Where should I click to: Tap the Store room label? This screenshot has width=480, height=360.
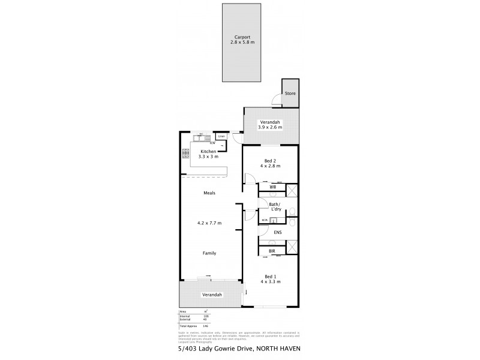pyautogui.click(x=290, y=94)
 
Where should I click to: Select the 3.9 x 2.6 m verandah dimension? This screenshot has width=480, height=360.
pyautogui.click(x=270, y=127)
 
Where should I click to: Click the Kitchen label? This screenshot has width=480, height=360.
pyautogui.click(x=208, y=151)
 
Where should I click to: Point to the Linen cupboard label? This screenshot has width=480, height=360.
pyautogui.click(x=221, y=137)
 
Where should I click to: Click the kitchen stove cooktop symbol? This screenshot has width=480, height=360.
pyautogui.click(x=185, y=154)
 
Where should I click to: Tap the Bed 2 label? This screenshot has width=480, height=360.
pyautogui.click(x=270, y=160)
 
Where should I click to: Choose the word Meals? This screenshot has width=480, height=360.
pyautogui.click(x=209, y=193)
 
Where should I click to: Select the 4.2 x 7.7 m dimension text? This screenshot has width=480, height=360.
pyautogui.click(x=209, y=223)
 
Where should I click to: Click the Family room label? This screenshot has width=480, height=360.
pyautogui.click(x=209, y=253)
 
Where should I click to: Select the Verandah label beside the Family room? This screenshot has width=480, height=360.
pyautogui.click(x=212, y=295)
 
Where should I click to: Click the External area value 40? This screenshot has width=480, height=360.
pyautogui.click(x=206, y=319)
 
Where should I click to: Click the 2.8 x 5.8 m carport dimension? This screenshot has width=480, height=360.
pyautogui.click(x=242, y=43)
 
